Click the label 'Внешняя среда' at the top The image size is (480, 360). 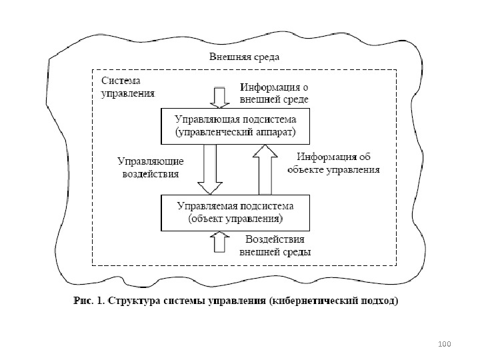(x=243, y=57)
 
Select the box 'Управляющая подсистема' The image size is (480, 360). (x=235, y=126)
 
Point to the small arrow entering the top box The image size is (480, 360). (x=218, y=97)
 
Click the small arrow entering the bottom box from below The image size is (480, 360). (x=218, y=241)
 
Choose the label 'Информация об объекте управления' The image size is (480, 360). (x=333, y=163)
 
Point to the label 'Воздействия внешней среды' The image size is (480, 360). (x=275, y=245)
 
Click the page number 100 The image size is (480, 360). (x=445, y=343)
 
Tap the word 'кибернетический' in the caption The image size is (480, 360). (x=314, y=301)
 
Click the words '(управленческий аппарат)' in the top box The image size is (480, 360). (x=235, y=133)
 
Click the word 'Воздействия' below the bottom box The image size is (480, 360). (x=275, y=239)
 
